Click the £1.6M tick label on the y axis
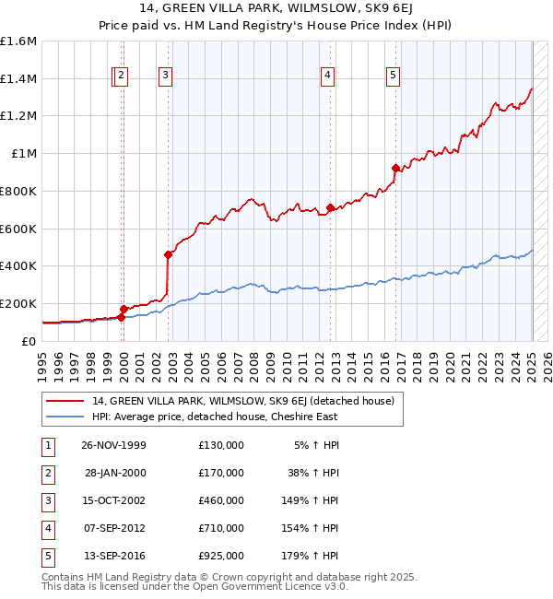pyautogui.click(x=18, y=41)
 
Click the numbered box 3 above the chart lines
pyautogui.click(x=165, y=76)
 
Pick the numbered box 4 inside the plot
pyautogui.click(x=327, y=76)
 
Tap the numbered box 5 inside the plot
pyautogui.click(x=394, y=76)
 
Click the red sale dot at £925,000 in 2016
pyautogui.click(x=395, y=168)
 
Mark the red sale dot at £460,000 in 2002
pyautogui.click(x=168, y=254)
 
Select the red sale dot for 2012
pyautogui.click(x=329, y=208)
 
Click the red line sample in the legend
pyautogui.click(x=65, y=401)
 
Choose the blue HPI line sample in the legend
pyautogui.click(x=65, y=417)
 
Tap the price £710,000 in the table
pyautogui.click(x=221, y=528)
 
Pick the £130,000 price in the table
pyautogui.click(x=221, y=445)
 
